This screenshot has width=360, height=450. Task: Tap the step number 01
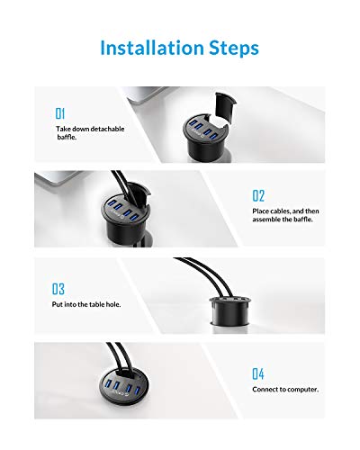(x=60, y=114)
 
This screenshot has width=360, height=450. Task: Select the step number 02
(x=258, y=194)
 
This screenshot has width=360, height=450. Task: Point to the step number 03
(x=59, y=289)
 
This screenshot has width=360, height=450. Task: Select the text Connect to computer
(x=286, y=390)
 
